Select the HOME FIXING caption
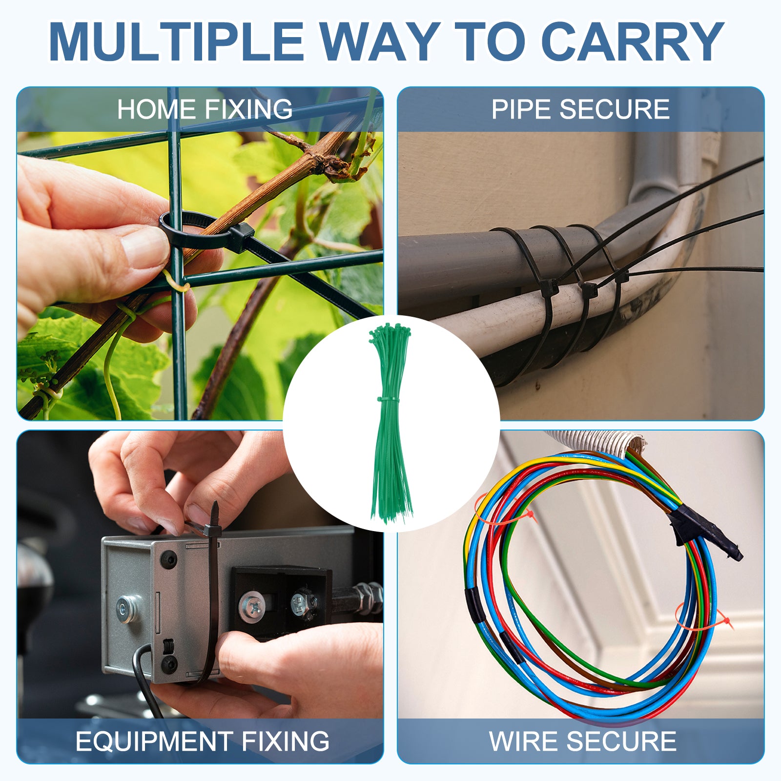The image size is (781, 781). pos(205,109)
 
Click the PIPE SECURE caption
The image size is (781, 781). pos(580,109)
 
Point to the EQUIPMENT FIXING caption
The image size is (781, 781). pos(203,741)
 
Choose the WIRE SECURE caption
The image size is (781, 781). pos(583,741)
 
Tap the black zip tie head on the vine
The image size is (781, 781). pos(240,238)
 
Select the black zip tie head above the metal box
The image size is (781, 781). pos(212,530)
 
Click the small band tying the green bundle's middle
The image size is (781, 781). pos(388,400)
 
